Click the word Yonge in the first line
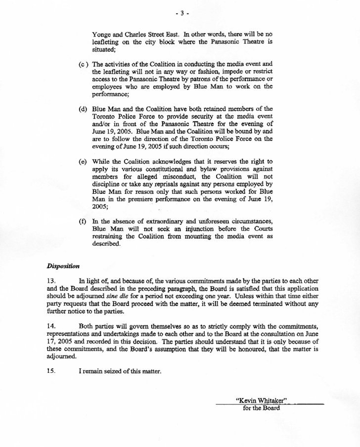coord(102,35)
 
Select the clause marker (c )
coord(83,65)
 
